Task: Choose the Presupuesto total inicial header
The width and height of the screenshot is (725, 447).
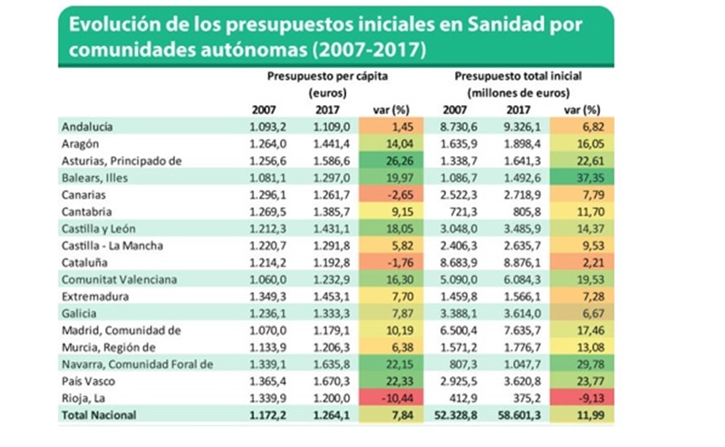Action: coord(518,77)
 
